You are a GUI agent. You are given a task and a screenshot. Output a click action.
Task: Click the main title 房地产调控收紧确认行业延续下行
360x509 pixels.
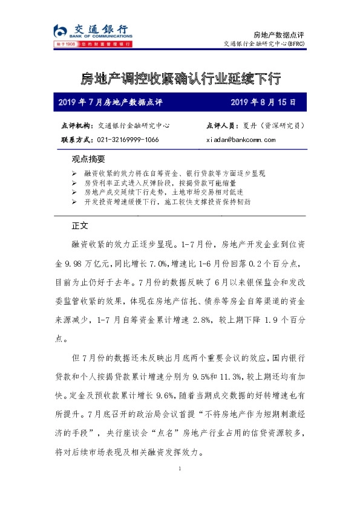[x=180, y=79]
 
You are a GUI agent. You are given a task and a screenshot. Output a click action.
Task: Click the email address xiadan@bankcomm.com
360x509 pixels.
[x=241, y=139]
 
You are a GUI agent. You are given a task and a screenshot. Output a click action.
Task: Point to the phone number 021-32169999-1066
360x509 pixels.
[x=128, y=139]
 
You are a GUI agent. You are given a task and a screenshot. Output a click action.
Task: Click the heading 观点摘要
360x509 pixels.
[x=88, y=160]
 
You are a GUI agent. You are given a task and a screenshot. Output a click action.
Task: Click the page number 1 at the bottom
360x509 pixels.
[x=180, y=468]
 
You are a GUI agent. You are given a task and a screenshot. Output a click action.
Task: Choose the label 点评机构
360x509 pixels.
[x=77, y=126]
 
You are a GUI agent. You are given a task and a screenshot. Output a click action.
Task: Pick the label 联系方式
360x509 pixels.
[x=77, y=139]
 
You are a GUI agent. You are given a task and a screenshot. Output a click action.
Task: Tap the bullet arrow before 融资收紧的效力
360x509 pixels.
[x=74, y=173]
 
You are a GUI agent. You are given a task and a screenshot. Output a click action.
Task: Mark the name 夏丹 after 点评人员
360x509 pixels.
[x=249, y=126]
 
